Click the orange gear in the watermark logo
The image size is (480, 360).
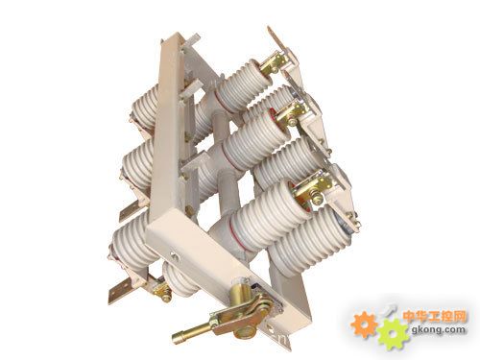[364, 324]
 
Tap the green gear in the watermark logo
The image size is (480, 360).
[393, 334]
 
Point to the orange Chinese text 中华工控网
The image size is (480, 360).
[435, 316]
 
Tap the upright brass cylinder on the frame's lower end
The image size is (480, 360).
[240, 290]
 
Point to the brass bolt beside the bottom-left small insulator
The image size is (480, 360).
[162, 291]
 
